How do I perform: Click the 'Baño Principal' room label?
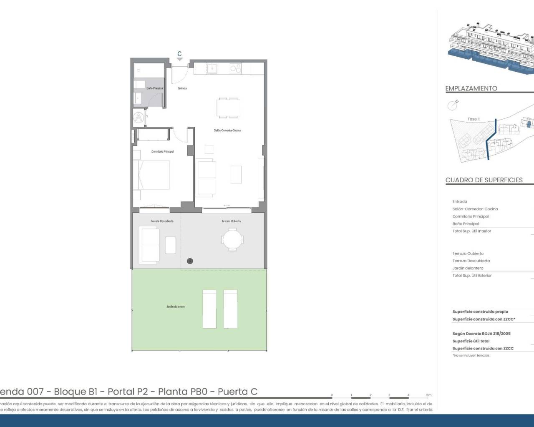point(155,88)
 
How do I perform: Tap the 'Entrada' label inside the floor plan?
point(182,88)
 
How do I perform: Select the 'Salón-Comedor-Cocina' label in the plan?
point(227,131)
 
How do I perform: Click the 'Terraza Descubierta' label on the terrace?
point(162,221)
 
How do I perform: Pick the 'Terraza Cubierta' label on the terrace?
point(231,221)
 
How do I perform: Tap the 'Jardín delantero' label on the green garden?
point(176,306)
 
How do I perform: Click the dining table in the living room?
point(228,108)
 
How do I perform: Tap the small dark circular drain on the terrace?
point(190,261)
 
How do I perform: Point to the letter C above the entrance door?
point(179,54)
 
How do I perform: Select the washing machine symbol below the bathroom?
point(139,118)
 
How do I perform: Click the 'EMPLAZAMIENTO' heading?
point(471,88)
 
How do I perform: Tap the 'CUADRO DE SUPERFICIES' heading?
point(484,180)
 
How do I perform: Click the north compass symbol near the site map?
point(453,105)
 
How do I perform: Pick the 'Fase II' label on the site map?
point(474,119)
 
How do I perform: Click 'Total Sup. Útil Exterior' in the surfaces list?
point(472,276)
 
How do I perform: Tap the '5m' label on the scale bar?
point(428,395)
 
